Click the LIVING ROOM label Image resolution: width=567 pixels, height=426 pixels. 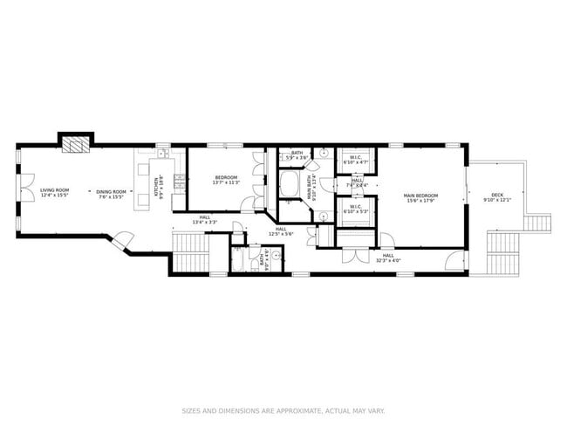54,193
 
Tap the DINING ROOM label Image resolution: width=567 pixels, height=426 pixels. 111,193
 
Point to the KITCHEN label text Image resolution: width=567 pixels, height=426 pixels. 159,187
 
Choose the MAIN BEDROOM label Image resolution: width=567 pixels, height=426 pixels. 420,197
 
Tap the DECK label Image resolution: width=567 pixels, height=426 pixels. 496,197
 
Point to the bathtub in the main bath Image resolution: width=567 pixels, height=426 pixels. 290,184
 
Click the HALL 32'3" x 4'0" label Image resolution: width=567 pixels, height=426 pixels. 388,258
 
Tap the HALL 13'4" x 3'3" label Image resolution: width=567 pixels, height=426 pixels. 204,220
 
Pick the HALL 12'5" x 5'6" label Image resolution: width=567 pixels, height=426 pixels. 281,231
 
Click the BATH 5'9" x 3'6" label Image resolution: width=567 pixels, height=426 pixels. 297,155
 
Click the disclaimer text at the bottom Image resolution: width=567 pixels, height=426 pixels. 283,409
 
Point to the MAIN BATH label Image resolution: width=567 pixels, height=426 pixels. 311,190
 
